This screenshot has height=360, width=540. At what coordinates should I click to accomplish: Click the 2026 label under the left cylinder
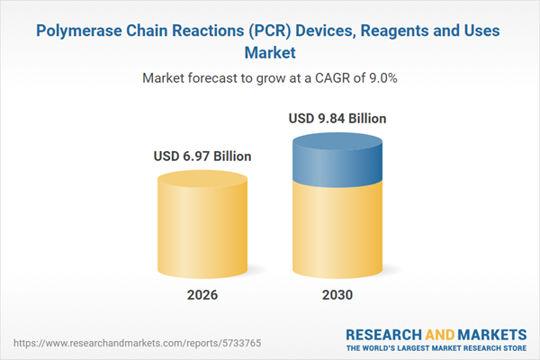point(202,295)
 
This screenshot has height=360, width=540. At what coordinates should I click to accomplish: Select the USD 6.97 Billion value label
point(202,157)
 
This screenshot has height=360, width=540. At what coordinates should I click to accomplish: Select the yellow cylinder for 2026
point(202,225)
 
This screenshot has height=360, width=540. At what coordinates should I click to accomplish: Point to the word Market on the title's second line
point(270,52)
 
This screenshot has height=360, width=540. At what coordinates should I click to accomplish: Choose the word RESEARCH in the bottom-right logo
point(384,332)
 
